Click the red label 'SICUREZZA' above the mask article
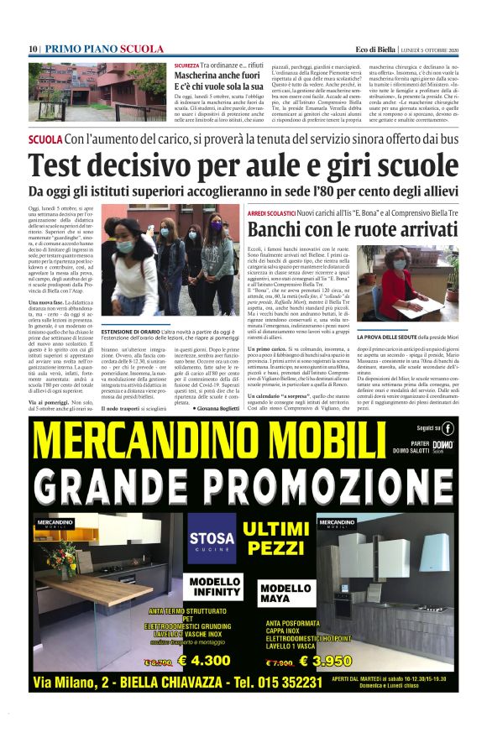[186, 65]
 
